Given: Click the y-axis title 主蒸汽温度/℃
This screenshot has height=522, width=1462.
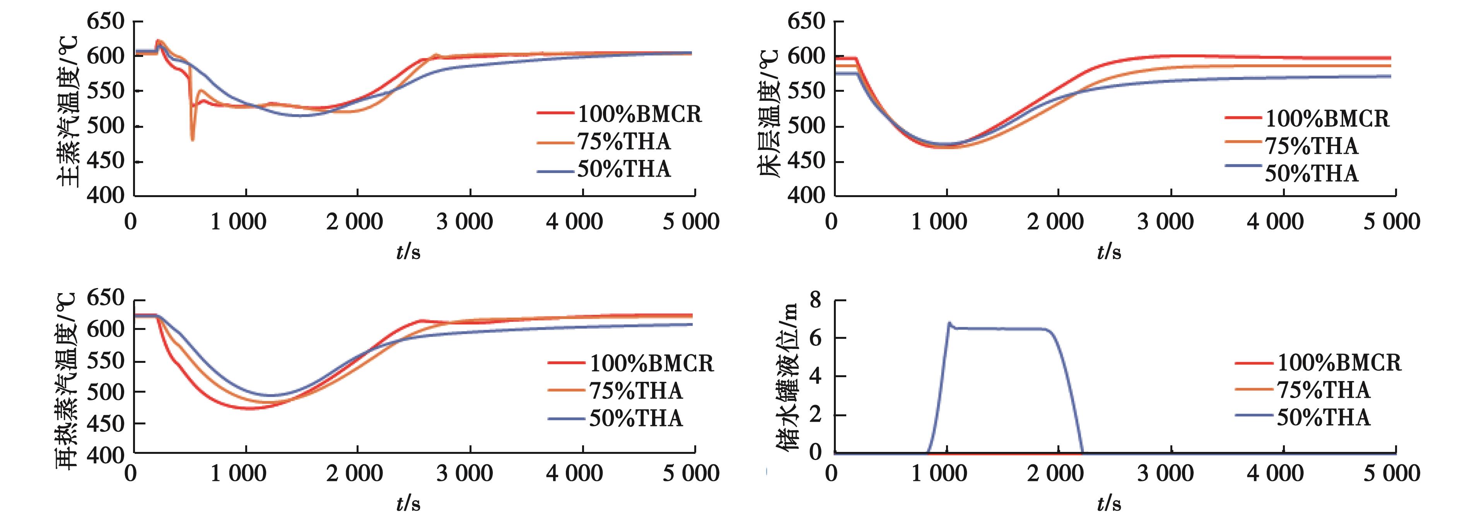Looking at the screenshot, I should (x=68, y=111).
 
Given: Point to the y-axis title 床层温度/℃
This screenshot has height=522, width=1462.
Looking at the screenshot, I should (x=769, y=113).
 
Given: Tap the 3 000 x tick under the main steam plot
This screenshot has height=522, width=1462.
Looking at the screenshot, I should (x=464, y=222).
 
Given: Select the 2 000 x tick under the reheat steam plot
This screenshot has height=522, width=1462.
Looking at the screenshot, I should (x=354, y=473).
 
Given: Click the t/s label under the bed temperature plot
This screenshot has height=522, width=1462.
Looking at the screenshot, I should (x=1108, y=252).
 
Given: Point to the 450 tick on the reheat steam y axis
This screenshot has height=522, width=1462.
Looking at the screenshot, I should (x=106, y=423).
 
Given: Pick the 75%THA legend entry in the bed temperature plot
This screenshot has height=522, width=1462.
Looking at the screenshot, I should (x=1311, y=146).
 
